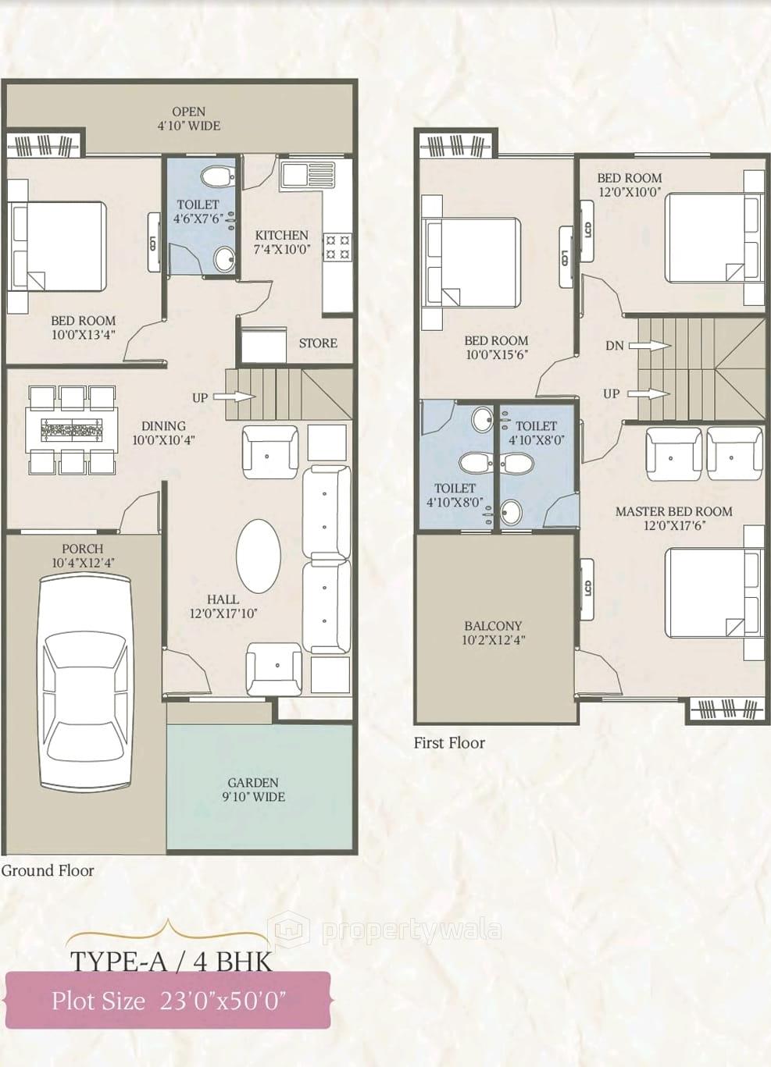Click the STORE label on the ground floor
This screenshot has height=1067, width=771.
click(x=318, y=343)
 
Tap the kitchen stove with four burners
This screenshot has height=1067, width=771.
click(x=337, y=247)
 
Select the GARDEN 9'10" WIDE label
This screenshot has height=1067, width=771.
click(x=253, y=789)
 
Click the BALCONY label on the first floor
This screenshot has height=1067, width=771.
click(x=493, y=633)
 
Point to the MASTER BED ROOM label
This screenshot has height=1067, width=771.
click(x=673, y=518)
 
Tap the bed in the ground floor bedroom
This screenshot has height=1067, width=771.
click(x=56, y=247)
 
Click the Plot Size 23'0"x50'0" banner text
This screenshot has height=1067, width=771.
click(x=169, y=1000)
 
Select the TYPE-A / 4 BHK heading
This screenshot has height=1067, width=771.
click(x=172, y=961)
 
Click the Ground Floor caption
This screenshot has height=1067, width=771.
click(x=48, y=870)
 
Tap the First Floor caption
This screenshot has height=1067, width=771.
click(x=449, y=743)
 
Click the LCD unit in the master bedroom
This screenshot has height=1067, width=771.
click(x=586, y=588)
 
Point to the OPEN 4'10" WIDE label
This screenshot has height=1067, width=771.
click(x=189, y=119)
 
